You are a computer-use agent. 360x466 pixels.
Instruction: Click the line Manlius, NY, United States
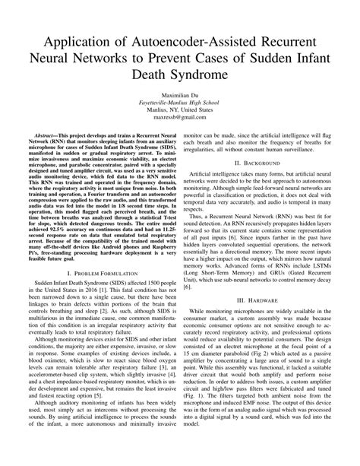[x=179, y=119]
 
